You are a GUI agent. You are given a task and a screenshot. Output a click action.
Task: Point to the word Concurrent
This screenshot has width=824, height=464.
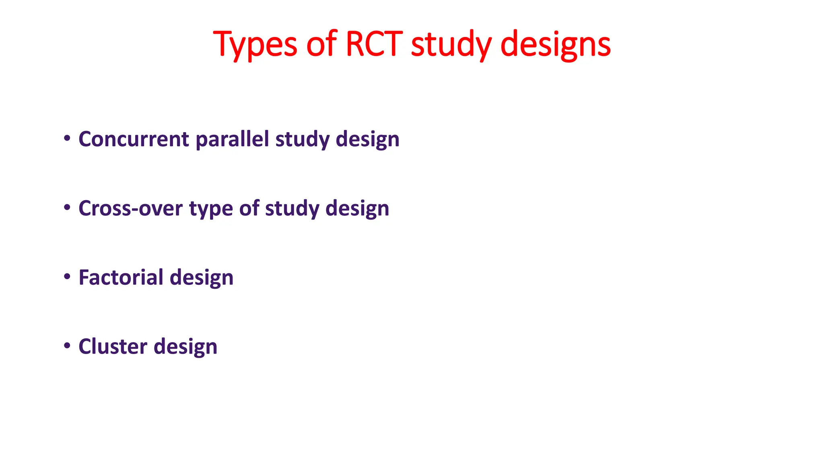(134, 139)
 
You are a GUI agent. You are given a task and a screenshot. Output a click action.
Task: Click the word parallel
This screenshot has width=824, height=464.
(232, 140)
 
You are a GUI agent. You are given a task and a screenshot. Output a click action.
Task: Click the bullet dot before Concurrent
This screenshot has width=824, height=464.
(67, 139)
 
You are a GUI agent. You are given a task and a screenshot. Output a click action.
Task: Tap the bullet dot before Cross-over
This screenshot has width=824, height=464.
(67, 208)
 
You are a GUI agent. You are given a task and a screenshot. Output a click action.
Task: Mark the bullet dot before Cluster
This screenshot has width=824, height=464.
(67, 346)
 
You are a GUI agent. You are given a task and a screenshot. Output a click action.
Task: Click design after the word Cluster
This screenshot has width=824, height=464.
(185, 347)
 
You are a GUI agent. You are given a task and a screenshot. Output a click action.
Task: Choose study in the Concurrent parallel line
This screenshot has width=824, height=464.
(302, 140)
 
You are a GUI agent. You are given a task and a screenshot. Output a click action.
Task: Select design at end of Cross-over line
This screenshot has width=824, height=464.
(357, 209)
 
